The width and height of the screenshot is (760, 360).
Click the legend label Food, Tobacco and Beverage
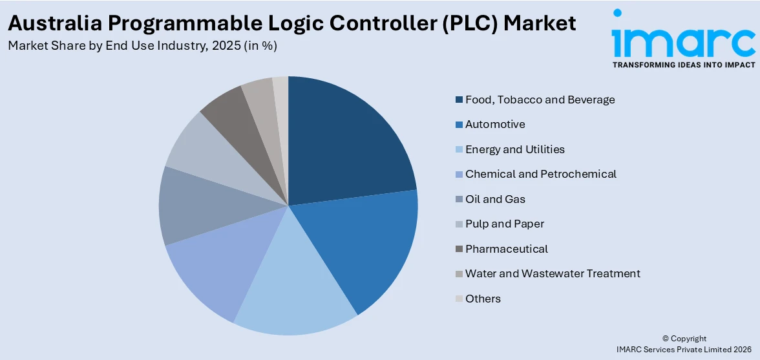540,100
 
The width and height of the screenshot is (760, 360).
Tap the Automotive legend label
495,124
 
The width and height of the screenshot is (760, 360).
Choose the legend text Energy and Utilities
514,149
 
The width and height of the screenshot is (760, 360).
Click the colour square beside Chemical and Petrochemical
459,175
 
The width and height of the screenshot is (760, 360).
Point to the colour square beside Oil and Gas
459,199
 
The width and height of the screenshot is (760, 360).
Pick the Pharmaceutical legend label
507,249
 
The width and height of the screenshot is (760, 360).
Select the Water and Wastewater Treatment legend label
553,273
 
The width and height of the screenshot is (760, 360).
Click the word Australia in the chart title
54,23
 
